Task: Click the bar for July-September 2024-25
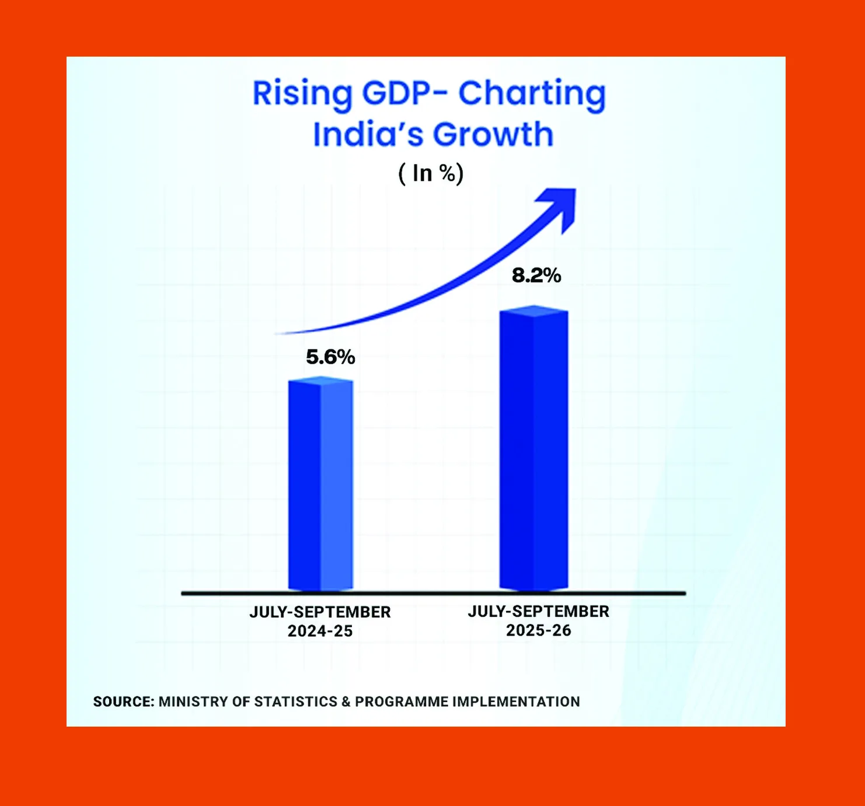tap(320, 484)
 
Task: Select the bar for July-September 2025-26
tap(533, 449)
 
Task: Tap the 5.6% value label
tap(330, 357)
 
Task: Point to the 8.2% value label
tap(536, 275)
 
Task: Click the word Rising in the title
tap(302, 93)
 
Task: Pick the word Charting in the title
tap(532, 95)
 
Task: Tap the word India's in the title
tap(368, 134)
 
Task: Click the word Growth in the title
tap(493, 135)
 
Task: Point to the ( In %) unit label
tap(431, 173)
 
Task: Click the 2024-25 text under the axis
tap(320, 631)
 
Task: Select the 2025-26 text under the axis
tap(538, 630)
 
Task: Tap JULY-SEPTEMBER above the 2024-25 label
tap(320, 612)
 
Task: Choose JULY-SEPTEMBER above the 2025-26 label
tap(538, 611)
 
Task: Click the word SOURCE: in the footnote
tap(124, 702)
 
